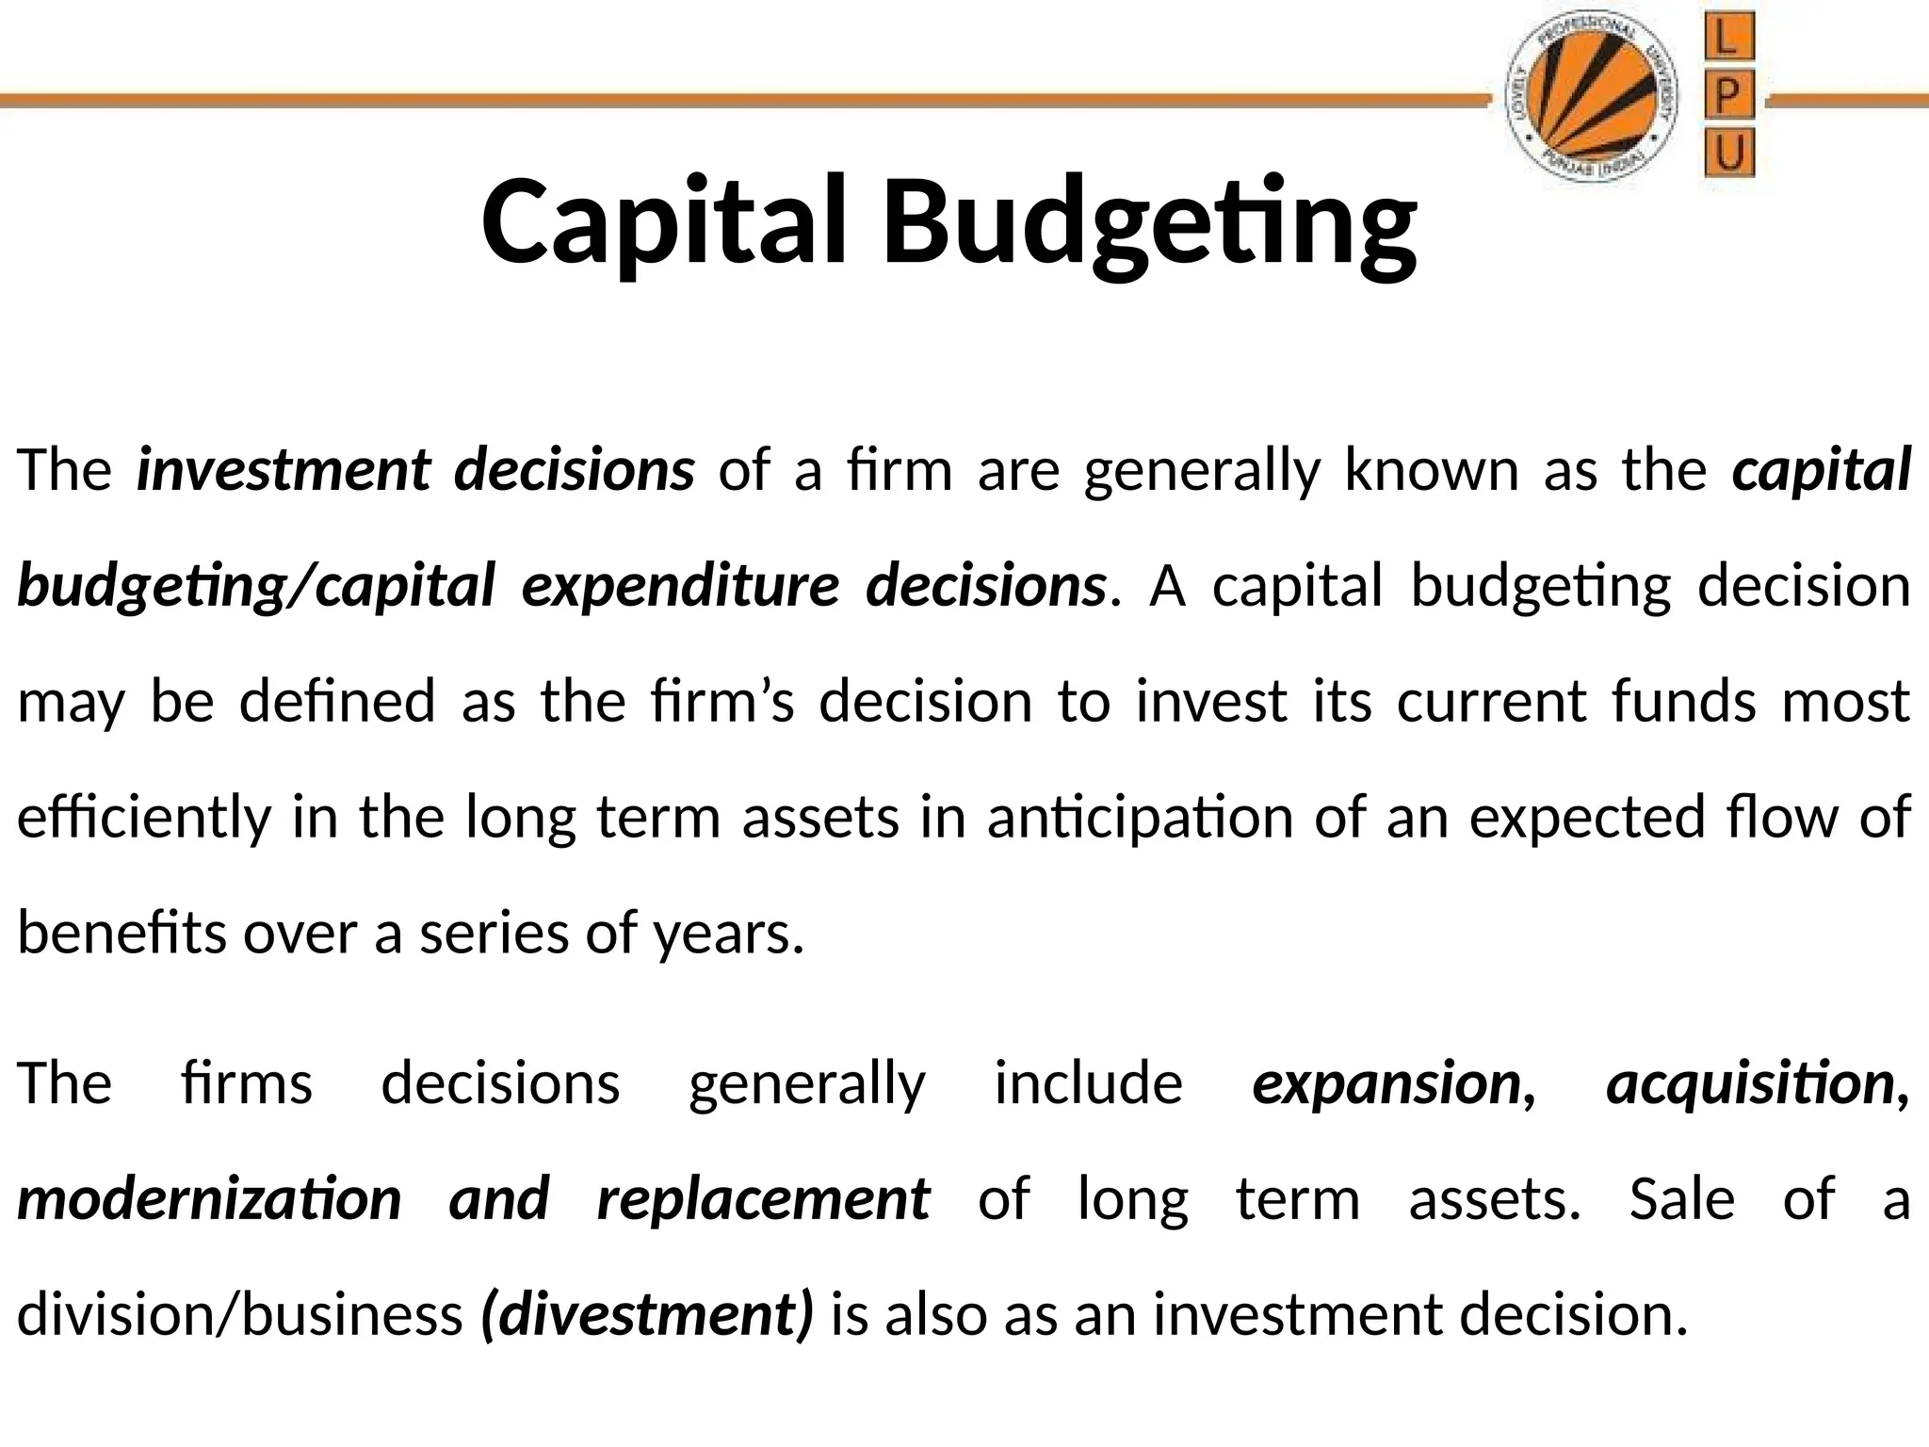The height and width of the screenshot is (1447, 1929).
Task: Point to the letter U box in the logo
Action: point(1730,154)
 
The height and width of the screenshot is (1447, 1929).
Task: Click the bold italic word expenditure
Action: point(680,586)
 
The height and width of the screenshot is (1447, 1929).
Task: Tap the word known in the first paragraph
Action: point(1432,469)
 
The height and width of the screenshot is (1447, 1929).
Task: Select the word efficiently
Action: point(143,818)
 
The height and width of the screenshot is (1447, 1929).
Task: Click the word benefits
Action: point(122,933)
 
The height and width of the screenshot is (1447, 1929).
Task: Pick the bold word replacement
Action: point(764,1199)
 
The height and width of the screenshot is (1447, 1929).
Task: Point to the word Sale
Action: point(1682,1199)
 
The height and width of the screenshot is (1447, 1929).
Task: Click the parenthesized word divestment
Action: point(646,1315)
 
